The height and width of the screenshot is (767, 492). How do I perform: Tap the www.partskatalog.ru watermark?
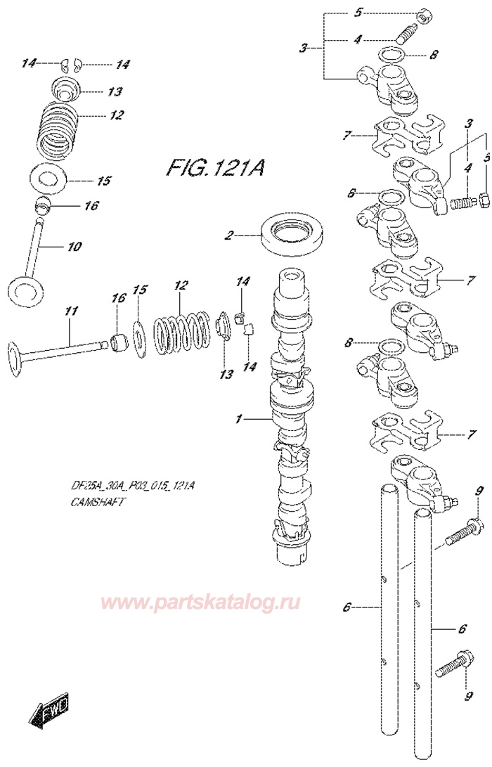click(202, 602)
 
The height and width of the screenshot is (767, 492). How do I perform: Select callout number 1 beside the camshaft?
click(238, 420)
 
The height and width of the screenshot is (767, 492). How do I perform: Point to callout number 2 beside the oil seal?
click(228, 236)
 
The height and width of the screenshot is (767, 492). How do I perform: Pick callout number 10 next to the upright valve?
click(75, 247)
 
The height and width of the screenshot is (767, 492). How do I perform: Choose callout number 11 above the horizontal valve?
click(70, 311)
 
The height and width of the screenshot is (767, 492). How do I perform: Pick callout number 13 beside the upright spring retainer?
click(115, 92)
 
